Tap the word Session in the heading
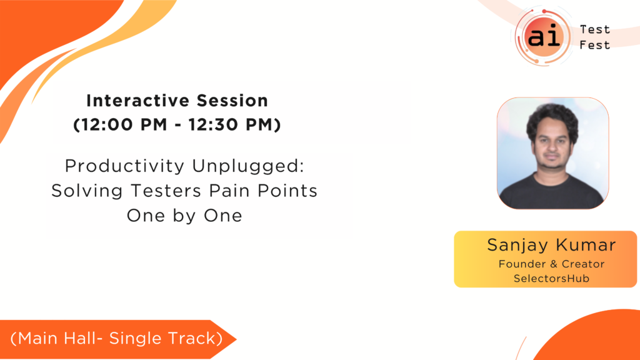coord(232,101)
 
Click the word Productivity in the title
coord(124,166)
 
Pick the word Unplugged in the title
coord(248,166)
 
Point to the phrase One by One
coord(184,216)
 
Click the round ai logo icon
coord(543,37)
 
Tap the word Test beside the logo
coord(595,29)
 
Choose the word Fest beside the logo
coord(595,45)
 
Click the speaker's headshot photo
coord(552,153)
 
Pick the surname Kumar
coord(586,245)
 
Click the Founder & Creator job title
coord(551,264)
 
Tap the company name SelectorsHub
coord(551,278)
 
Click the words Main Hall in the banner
coord(59,338)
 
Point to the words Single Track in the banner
coord(163,338)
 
